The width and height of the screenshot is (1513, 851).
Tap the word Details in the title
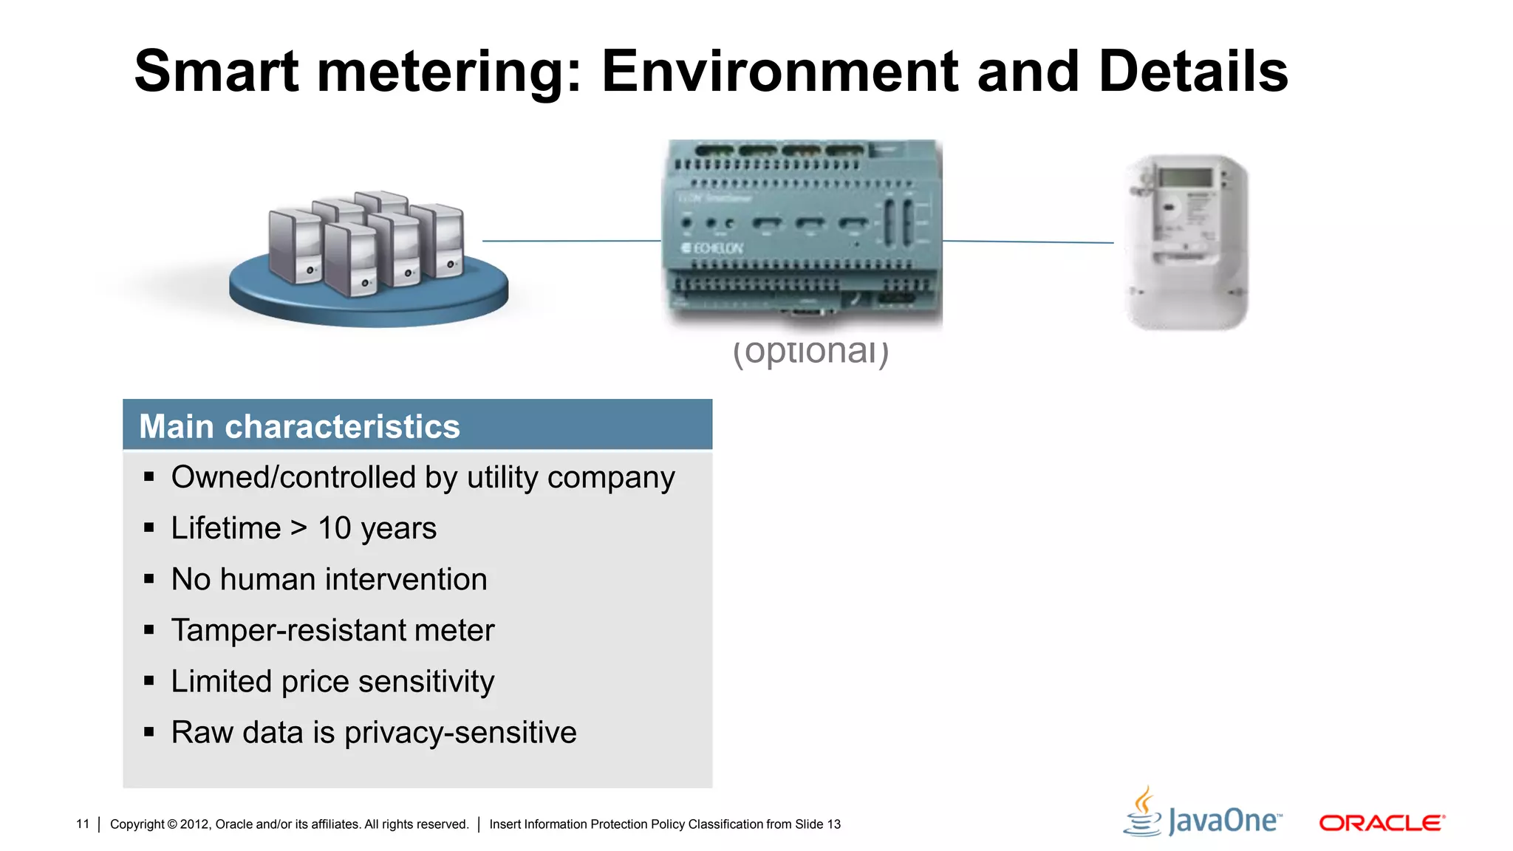[x=1193, y=72]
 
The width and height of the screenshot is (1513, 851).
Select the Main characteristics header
[x=299, y=426]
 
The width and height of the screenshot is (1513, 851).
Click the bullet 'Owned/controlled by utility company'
[x=423, y=477]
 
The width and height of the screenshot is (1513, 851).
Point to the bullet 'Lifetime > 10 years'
[x=304, y=528]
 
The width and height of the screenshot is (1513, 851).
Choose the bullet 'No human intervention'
[x=329, y=579]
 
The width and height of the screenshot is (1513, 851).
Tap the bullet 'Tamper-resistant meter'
[x=332, y=630]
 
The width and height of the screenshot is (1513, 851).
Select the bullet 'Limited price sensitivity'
[x=332, y=681]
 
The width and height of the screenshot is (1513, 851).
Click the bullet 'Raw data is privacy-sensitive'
[x=373, y=733]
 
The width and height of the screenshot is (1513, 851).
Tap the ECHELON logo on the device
[x=712, y=248]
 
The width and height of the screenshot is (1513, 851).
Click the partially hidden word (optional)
[x=810, y=352]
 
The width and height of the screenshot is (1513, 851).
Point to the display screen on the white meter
[x=1185, y=178]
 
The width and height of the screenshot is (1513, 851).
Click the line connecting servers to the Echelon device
[x=571, y=241]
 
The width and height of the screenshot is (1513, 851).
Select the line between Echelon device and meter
[x=1028, y=242]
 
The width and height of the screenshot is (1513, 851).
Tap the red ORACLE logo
[x=1381, y=823]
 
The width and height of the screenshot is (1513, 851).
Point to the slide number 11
[x=83, y=824]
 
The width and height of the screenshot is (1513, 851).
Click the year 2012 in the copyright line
[x=194, y=824]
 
